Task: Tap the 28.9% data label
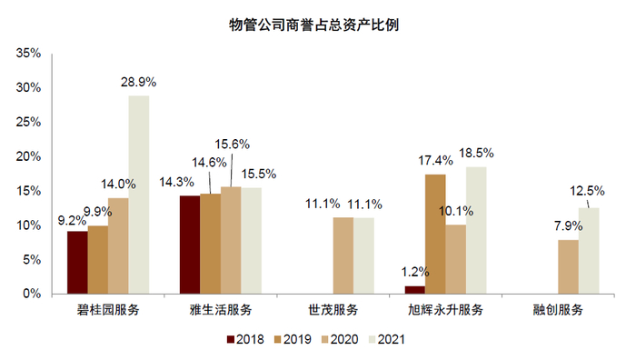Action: click(x=139, y=82)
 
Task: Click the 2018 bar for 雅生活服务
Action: click(x=189, y=245)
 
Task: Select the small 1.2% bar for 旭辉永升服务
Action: click(x=414, y=290)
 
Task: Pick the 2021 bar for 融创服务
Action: click(x=590, y=251)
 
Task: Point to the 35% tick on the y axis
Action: click(x=28, y=54)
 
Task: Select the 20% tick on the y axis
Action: click(x=28, y=156)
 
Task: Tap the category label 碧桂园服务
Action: click(x=108, y=310)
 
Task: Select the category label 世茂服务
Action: click(x=333, y=310)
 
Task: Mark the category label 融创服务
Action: click(x=558, y=310)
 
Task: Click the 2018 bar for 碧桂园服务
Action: click(x=77, y=262)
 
